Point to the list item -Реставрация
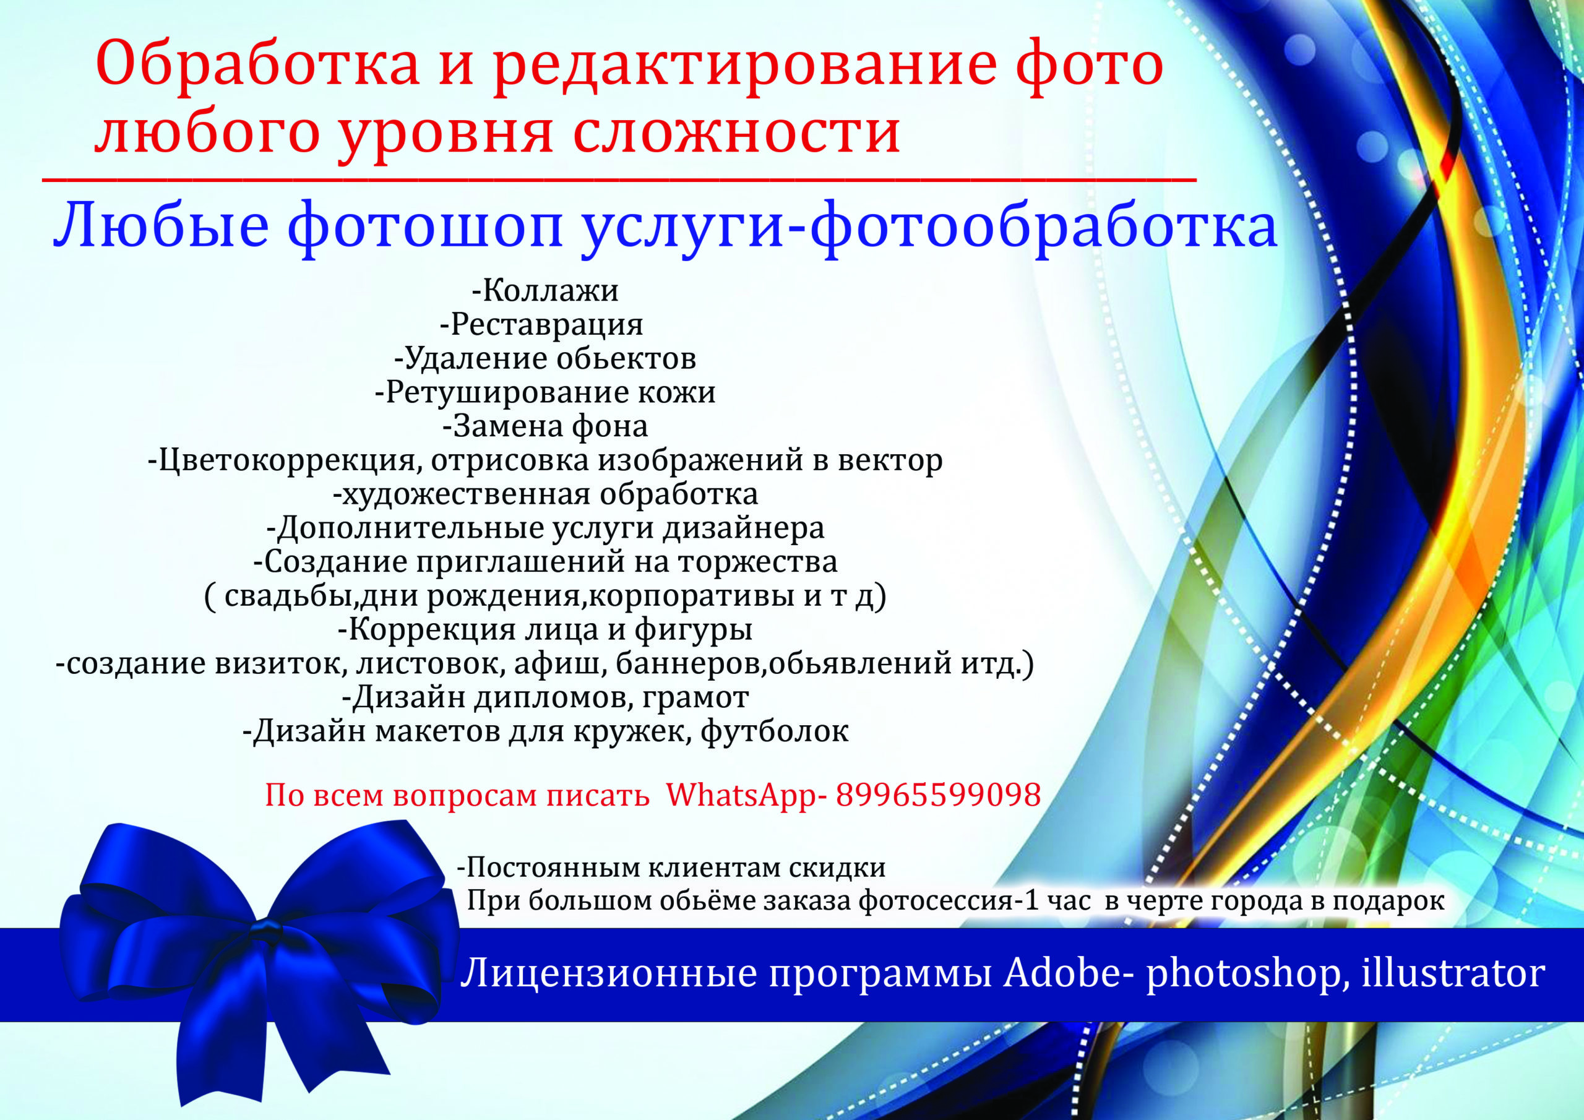541,324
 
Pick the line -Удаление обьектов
545,358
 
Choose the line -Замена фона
545,426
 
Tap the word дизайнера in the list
744,528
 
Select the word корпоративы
691,595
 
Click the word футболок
775,731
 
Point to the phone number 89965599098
938,795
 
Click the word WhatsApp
740,796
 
